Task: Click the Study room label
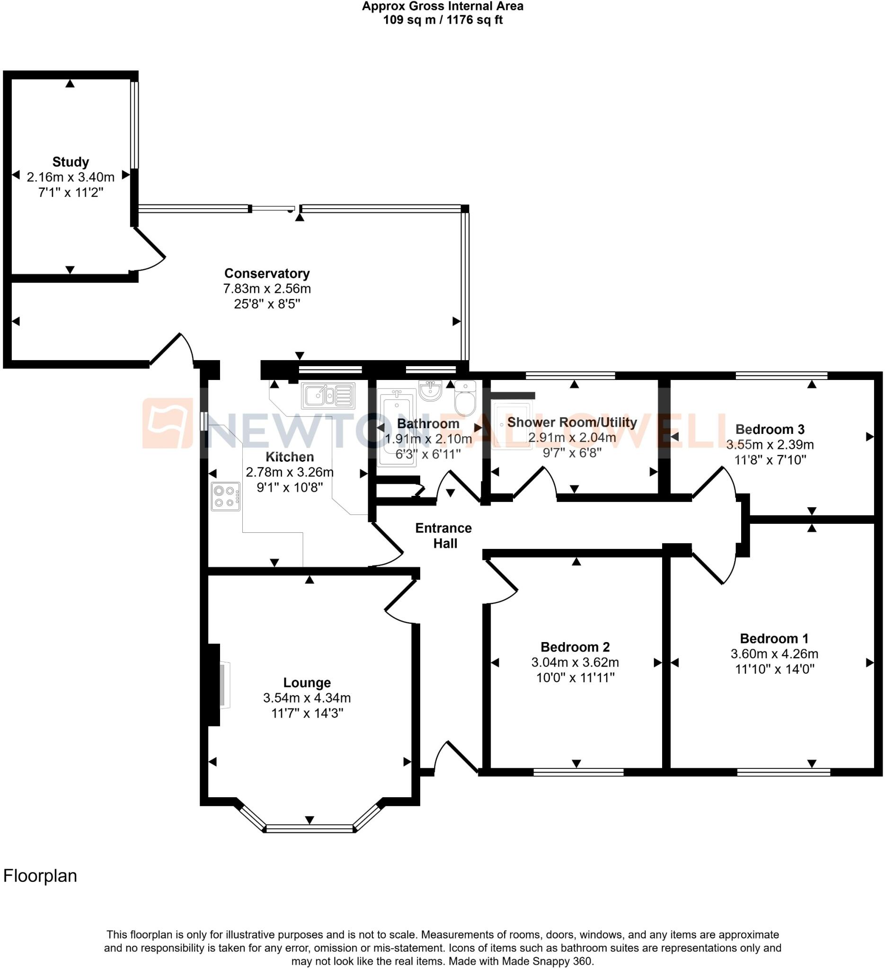pos(71,162)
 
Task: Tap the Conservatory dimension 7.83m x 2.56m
pos(267,289)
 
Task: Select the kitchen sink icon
pos(328,396)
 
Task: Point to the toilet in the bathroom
pos(464,398)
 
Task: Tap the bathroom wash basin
pos(430,390)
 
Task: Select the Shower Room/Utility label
pos(572,423)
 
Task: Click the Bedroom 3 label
pos(770,429)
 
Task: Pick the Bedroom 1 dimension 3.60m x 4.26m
pos(774,654)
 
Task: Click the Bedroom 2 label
pos(575,647)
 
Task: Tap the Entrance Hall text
pos(444,536)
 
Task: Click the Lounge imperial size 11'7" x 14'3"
pos(307,714)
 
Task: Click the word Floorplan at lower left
pos(40,876)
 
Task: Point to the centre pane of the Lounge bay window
pos(310,828)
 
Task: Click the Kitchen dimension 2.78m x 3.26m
pos(289,472)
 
